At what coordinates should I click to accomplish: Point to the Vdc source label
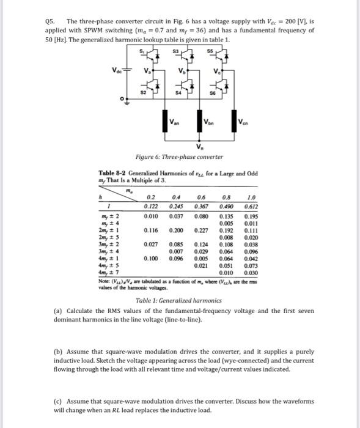pyautogui.click(x=116, y=70)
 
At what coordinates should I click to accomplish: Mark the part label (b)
pyautogui.click(x=51, y=353)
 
